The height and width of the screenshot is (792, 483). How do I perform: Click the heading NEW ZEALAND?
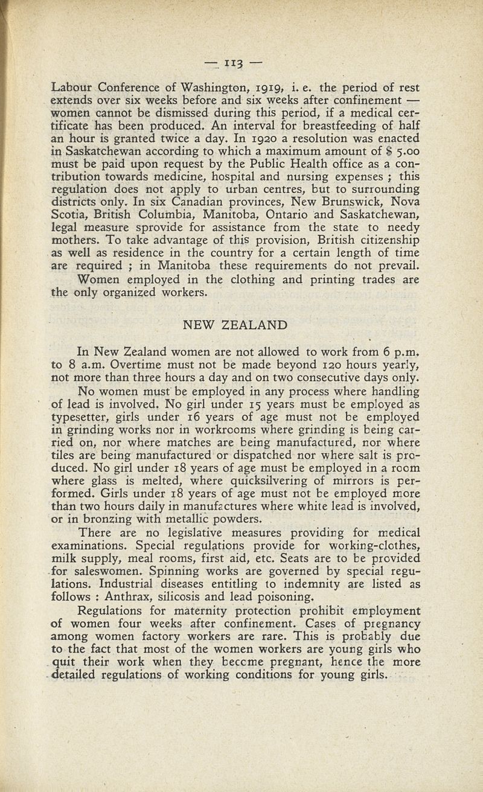(x=235, y=326)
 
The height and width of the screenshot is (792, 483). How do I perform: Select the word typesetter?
(x=79, y=418)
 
